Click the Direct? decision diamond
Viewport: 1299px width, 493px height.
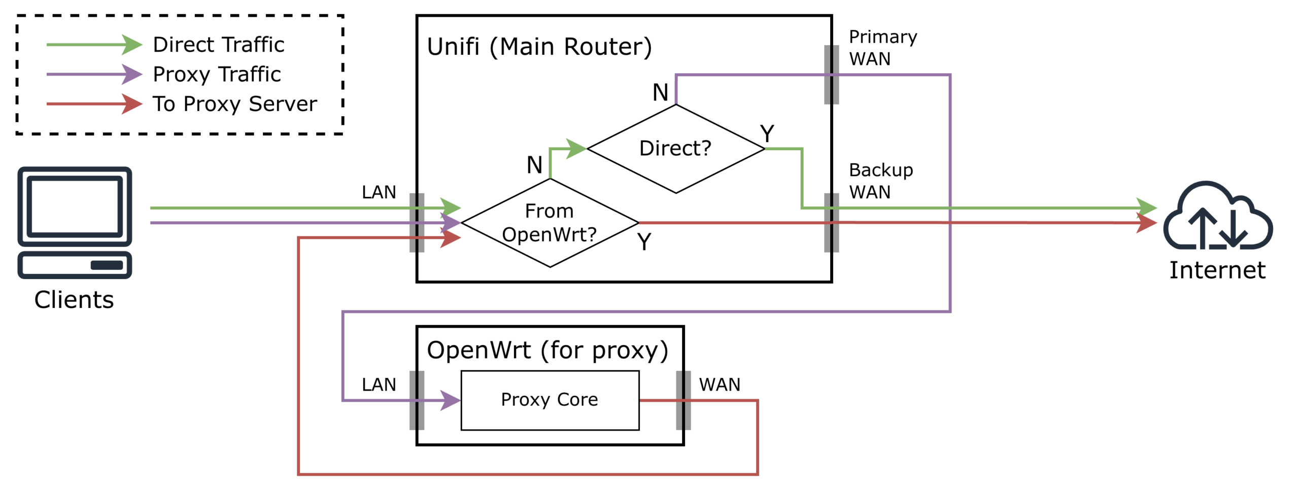[675, 149]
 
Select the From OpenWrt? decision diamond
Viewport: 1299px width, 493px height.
[550, 223]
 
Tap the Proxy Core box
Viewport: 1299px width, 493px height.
[550, 400]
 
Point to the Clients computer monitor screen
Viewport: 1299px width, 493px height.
[75, 206]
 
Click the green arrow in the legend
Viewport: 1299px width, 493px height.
[94, 45]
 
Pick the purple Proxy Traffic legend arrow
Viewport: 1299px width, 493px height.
[94, 75]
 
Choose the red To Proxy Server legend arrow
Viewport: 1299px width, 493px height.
[94, 104]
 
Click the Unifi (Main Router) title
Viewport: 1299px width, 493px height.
[539, 47]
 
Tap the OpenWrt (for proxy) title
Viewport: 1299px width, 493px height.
[547, 350]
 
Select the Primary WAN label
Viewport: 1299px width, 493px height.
[882, 48]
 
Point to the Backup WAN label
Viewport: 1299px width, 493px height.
[880, 181]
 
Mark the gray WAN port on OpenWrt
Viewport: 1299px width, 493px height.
[683, 400]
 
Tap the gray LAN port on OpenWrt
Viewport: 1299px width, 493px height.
[417, 400]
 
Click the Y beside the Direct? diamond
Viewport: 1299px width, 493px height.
[767, 134]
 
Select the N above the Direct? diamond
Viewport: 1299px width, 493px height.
[660, 92]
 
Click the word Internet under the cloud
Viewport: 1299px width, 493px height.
[1217, 270]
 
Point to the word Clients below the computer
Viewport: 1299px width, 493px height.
[74, 300]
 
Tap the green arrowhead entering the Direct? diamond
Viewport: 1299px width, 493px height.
[576, 149]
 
